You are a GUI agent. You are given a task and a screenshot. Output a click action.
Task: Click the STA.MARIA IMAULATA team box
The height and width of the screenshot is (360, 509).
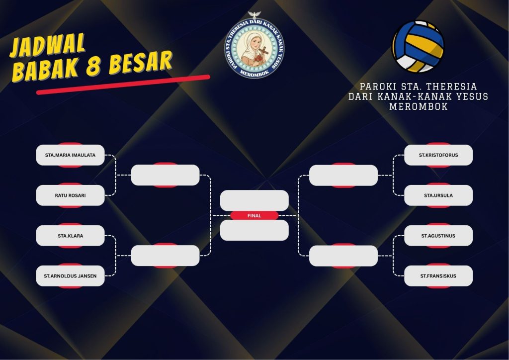click(70, 155)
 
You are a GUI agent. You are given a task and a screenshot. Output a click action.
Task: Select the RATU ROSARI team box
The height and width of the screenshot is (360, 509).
click(70, 195)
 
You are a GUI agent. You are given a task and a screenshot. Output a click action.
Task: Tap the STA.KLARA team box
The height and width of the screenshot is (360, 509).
click(70, 236)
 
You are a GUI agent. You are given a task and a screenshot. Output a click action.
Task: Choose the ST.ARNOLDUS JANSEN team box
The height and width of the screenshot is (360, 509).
click(70, 276)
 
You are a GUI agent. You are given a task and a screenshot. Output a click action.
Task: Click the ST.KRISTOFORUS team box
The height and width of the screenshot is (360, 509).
click(438, 155)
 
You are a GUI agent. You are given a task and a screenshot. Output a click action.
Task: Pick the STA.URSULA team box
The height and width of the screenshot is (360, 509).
click(438, 195)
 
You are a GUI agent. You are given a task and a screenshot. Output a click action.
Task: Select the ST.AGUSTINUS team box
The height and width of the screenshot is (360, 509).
click(438, 236)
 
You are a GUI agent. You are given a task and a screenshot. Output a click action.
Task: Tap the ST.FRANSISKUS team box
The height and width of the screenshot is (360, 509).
click(438, 276)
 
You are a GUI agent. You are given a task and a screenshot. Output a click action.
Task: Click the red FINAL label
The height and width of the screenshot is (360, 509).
click(254, 215)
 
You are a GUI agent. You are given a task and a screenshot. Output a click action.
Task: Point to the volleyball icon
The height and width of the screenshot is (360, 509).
click(418, 47)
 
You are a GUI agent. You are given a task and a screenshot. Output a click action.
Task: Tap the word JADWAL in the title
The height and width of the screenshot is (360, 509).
click(47, 45)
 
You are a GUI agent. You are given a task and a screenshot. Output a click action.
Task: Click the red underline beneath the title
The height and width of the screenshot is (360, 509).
click(123, 85)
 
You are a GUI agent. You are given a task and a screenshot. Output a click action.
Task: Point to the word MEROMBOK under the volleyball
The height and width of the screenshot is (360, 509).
click(418, 106)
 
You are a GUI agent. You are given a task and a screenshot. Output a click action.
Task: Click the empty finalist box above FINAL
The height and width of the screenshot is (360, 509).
click(254, 200)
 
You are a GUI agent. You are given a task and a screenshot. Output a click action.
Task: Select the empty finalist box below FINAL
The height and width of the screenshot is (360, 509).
click(254, 231)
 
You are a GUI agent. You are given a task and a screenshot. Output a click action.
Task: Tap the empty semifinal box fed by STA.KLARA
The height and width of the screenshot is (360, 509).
click(165, 256)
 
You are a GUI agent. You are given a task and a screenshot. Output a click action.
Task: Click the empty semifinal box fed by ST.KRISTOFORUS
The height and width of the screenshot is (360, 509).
click(343, 176)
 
